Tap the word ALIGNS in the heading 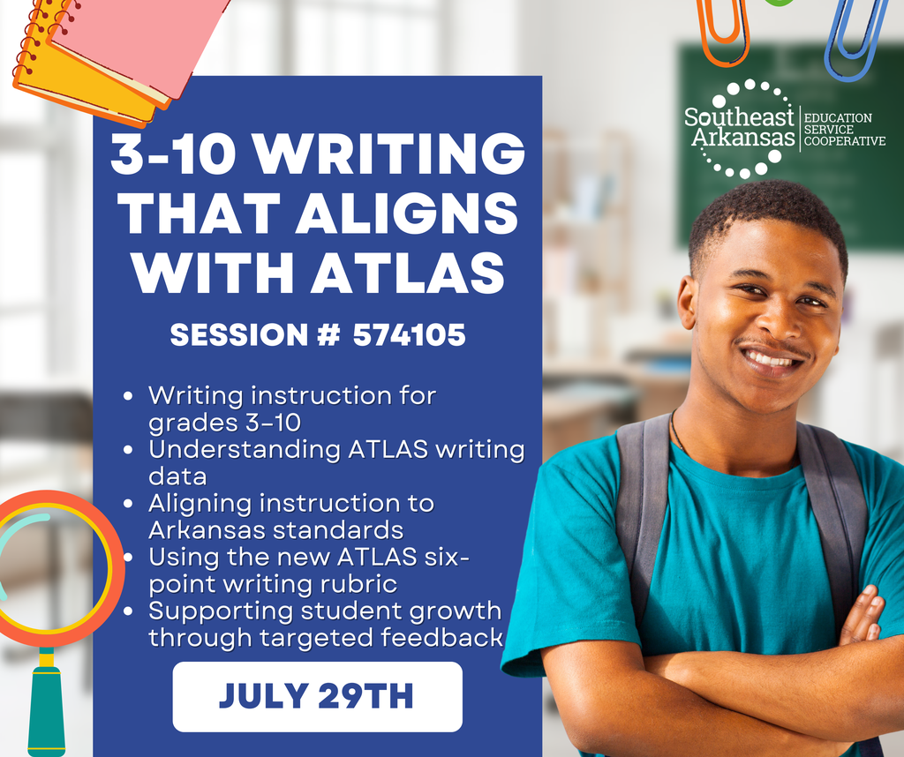(x=407, y=214)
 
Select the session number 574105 (x=409, y=335)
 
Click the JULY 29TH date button (x=317, y=696)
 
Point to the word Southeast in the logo (x=740, y=117)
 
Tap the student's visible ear (x=687, y=302)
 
